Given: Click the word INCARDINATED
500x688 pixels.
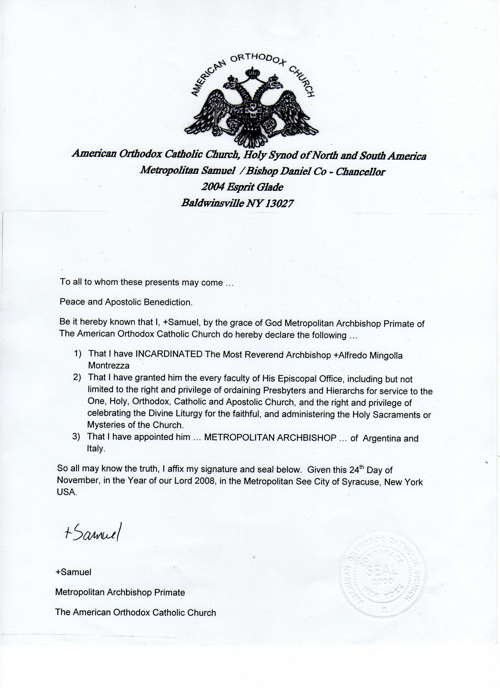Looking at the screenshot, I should coord(169,354).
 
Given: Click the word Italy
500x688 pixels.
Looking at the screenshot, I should coord(96,448).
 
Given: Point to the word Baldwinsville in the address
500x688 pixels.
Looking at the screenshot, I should coord(212,203).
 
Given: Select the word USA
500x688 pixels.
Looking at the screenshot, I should coord(66,492).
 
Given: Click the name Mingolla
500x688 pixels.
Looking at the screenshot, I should coord(386,355).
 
